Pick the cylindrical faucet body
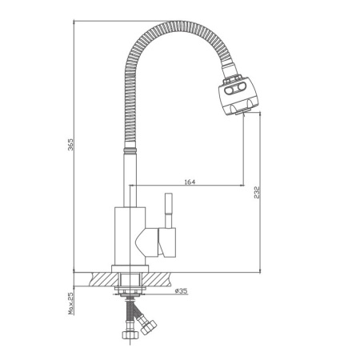(128, 234)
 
